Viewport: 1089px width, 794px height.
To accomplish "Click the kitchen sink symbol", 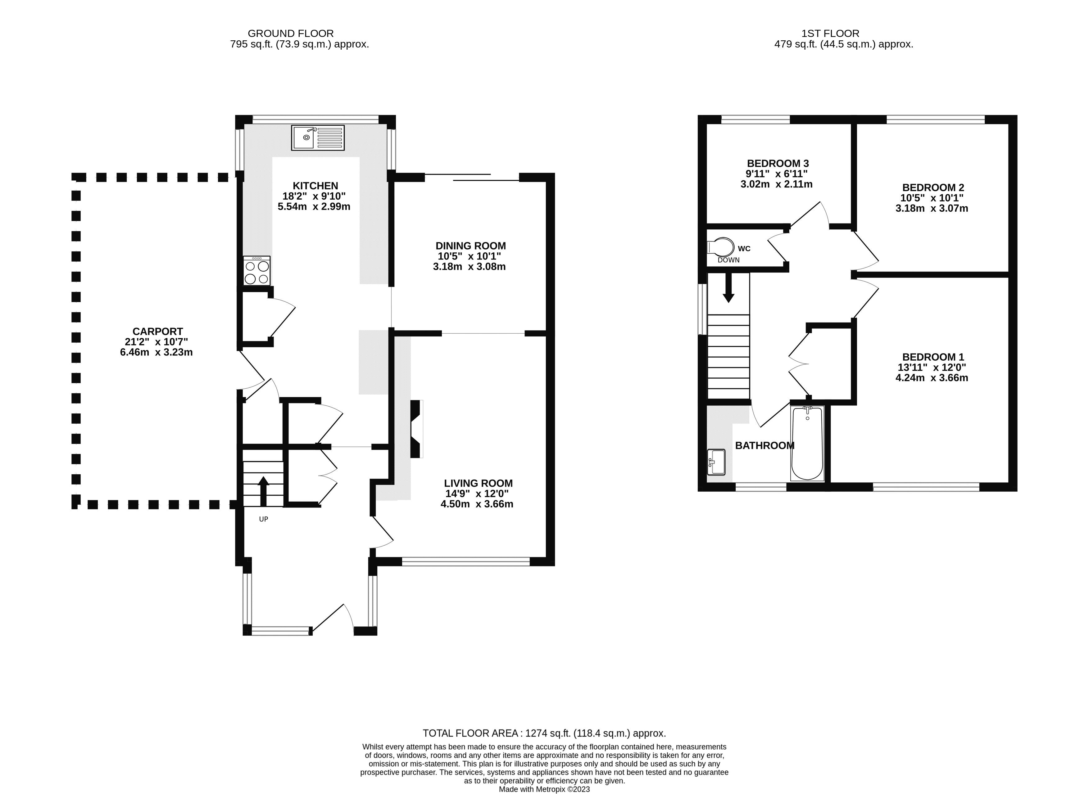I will tap(318, 138).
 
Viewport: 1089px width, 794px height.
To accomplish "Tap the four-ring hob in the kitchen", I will tap(257, 272).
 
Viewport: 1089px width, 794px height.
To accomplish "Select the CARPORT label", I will tap(158, 332).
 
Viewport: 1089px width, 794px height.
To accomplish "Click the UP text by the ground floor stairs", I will tap(263, 519).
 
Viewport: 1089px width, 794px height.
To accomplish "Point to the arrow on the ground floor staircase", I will tap(263, 490).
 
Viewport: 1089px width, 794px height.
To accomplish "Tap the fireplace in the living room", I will tap(415, 429).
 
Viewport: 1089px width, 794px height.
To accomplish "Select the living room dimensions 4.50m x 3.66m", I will tap(477, 504).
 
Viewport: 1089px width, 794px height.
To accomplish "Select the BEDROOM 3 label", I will tap(778, 163).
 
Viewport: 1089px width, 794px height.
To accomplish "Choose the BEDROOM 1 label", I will tap(933, 357).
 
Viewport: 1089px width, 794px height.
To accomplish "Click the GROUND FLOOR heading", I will tap(290, 34).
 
